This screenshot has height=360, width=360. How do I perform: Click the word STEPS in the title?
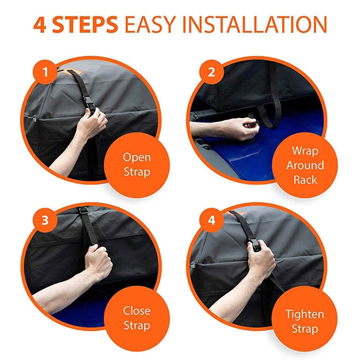pyautogui.click(x=85, y=25)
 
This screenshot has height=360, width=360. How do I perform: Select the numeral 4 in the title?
pyautogui.click(x=40, y=25)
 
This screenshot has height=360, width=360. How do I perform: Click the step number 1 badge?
pyautogui.click(x=45, y=72)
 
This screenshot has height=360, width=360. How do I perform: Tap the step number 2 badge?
pyautogui.click(x=211, y=72)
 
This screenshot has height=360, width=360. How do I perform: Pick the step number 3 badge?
pyautogui.click(x=45, y=220)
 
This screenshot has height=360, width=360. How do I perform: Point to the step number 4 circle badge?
pyautogui.click(x=211, y=220)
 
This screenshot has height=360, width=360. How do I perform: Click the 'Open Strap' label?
pyautogui.click(x=137, y=165)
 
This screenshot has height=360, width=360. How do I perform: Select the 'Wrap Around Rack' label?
pyautogui.click(x=305, y=165)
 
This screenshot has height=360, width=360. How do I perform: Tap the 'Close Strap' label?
pyautogui.click(x=137, y=318)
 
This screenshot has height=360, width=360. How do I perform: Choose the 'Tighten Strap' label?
pyautogui.click(x=305, y=321)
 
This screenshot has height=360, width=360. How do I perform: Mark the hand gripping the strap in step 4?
pyautogui.click(x=261, y=258)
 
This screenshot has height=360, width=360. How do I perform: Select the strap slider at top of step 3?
pyautogui.click(x=84, y=211)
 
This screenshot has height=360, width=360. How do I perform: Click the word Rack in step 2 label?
pyautogui.click(x=305, y=180)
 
